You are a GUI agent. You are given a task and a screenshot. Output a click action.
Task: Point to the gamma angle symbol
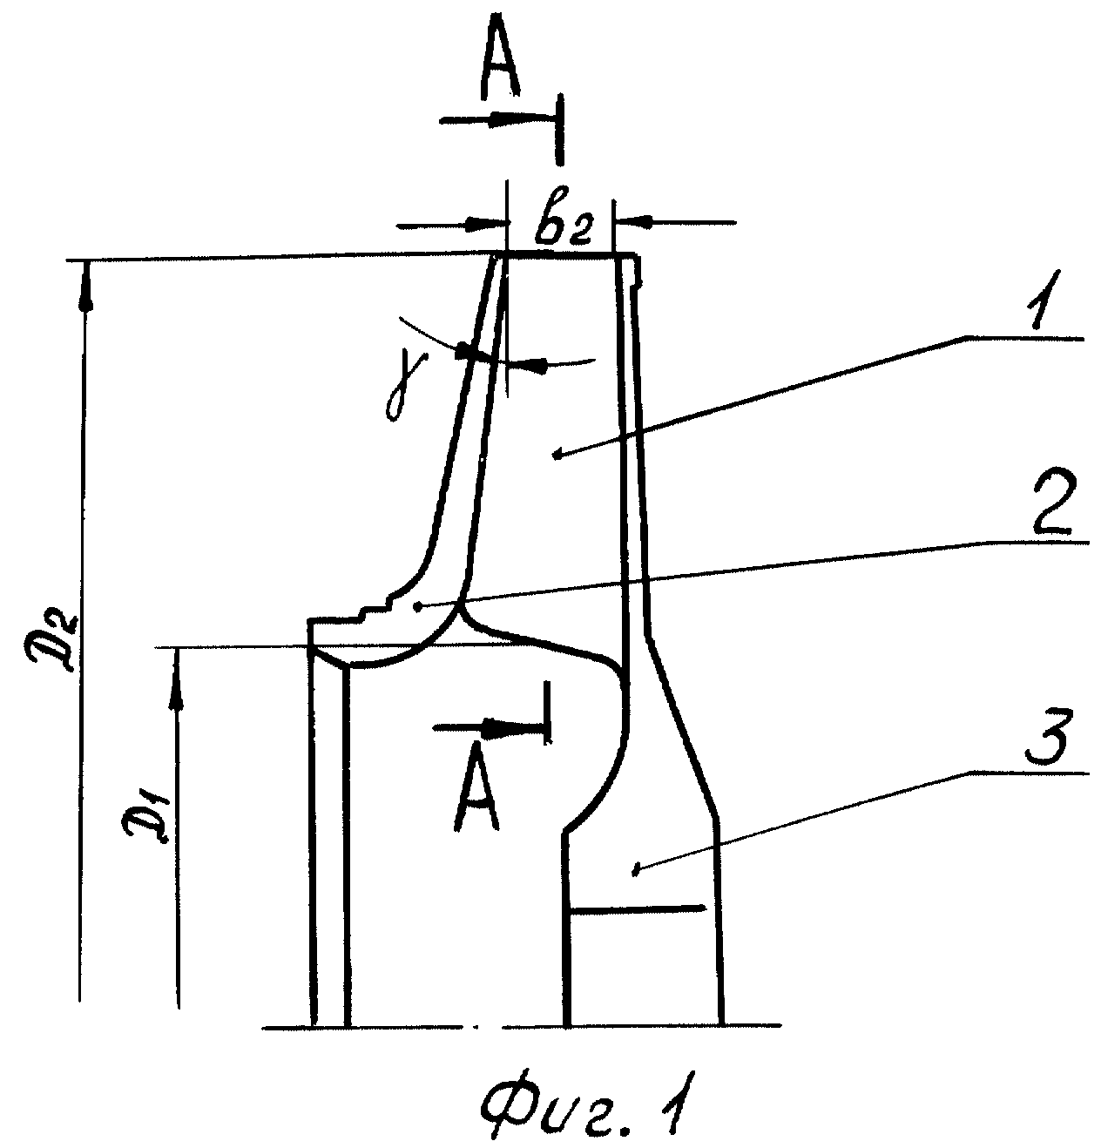pyautogui.click(x=400, y=390)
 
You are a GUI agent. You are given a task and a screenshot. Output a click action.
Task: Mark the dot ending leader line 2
pyautogui.click(x=418, y=606)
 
